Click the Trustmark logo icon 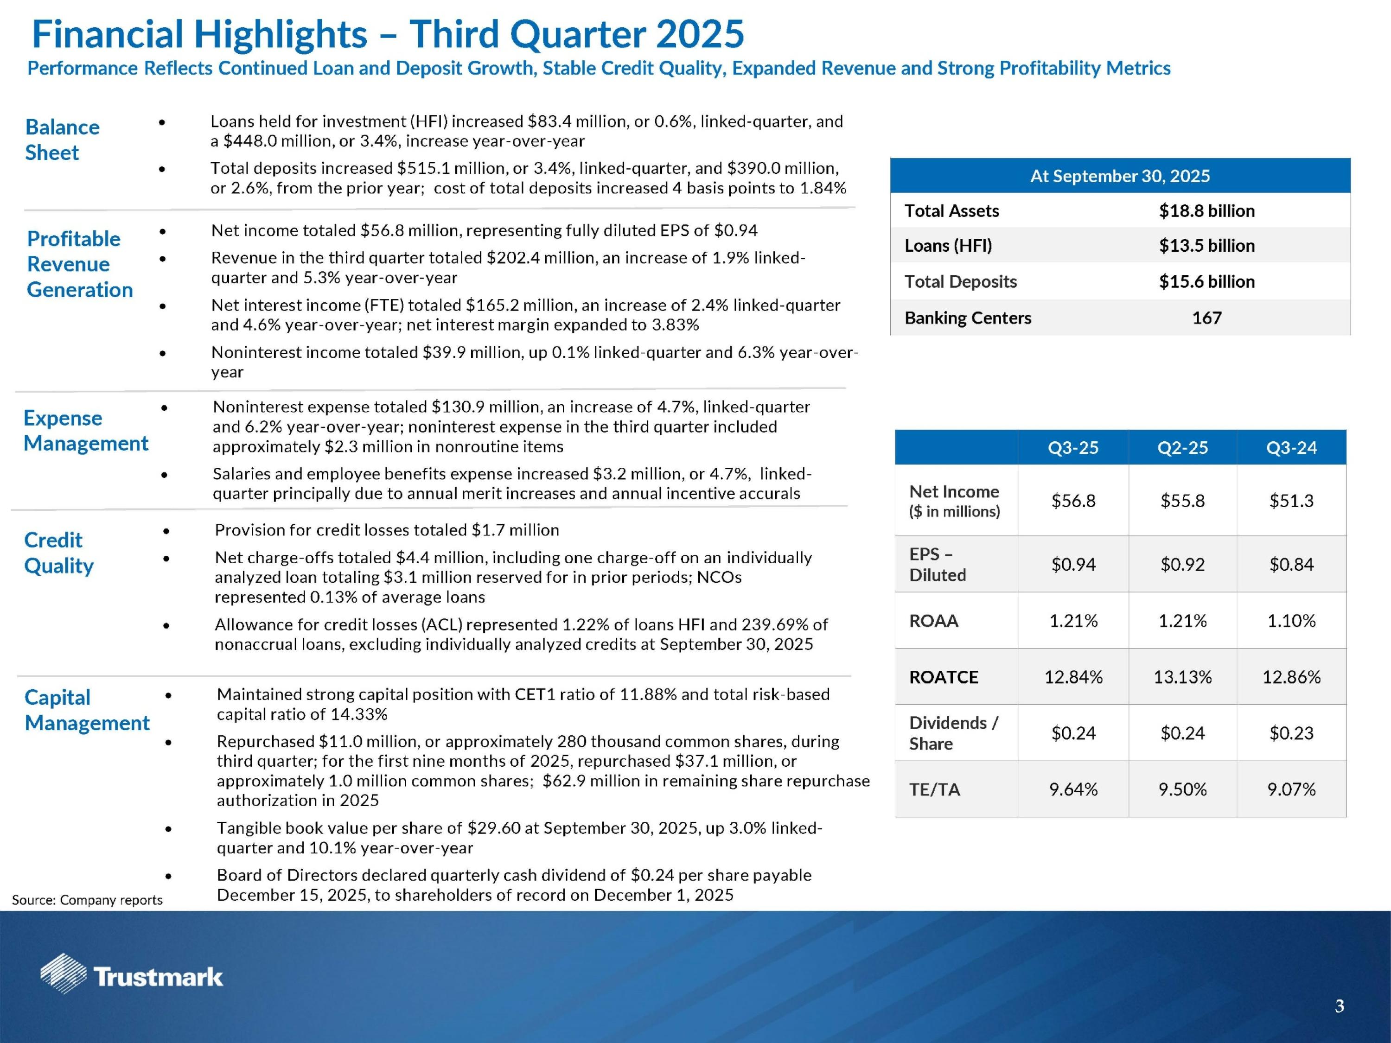pos(63,973)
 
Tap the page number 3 pos(1340,1006)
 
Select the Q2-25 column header pos(1182,448)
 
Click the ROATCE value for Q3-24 pos(1291,677)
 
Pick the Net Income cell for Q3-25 pos(1073,501)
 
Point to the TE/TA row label pos(934,789)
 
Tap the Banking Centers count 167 pos(1206,318)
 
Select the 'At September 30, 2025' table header pos(1119,176)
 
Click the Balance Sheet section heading pos(62,140)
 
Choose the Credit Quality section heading pos(58,553)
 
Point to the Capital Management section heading pos(87,710)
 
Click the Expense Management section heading pos(85,431)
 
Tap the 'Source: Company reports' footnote pos(87,900)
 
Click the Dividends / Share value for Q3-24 pos(1291,733)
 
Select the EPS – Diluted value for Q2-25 pos(1182,565)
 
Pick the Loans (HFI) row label pos(948,246)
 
